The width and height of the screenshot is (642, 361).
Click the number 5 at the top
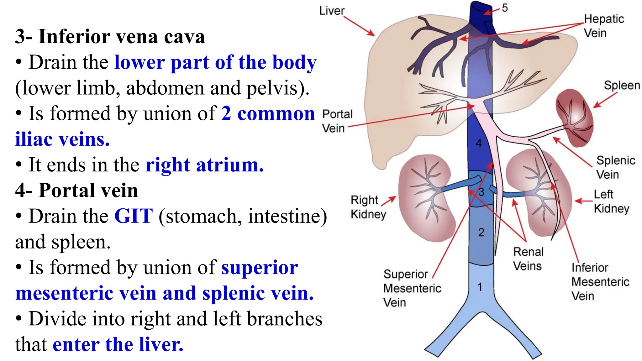504,8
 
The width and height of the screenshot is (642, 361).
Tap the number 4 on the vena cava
479,143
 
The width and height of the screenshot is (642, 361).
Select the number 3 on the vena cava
481,192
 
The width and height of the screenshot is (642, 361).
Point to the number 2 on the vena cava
481,232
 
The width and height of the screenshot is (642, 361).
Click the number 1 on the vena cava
480,287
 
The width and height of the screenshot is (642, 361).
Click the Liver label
332,11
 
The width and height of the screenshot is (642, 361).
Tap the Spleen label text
622,85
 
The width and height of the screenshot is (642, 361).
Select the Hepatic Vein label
604,26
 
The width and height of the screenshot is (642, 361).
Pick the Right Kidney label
368,207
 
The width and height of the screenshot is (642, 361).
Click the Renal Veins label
528,259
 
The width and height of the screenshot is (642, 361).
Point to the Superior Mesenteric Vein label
412,288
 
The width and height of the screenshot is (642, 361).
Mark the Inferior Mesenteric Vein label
600,282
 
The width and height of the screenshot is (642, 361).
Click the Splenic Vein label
615,167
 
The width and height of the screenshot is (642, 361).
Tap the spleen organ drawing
574,118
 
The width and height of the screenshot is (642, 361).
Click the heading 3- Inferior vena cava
110,36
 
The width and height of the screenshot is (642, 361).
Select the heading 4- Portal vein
77,190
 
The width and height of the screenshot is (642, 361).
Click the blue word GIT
134,216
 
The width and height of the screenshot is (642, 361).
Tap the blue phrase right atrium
204,165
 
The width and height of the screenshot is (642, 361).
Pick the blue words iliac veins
62,139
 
